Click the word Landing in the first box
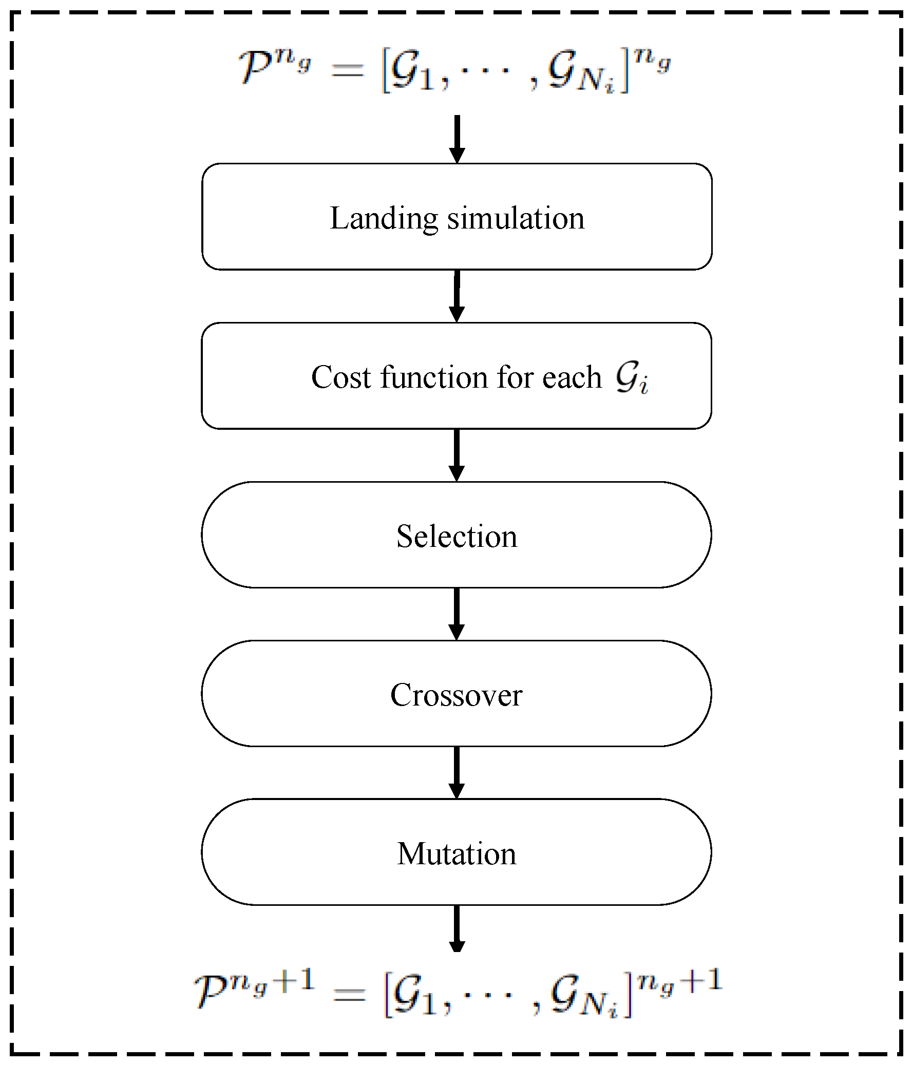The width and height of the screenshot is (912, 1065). coord(383,219)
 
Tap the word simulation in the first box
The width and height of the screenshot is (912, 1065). coord(516,218)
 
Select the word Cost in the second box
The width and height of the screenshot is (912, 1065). coord(341,377)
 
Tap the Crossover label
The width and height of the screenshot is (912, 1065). coord(457,695)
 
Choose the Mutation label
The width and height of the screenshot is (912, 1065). coord(457,854)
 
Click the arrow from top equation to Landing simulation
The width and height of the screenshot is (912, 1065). coord(457,139)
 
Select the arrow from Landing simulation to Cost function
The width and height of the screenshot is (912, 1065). coord(457,297)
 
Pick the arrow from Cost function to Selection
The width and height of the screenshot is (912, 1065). coord(457,455)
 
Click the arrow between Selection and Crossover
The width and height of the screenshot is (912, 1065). coord(457,614)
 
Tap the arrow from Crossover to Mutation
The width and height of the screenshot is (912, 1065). coord(457,772)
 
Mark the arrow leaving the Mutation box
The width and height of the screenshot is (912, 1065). coord(457,929)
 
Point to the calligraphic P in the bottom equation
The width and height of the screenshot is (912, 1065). coord(211,993)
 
